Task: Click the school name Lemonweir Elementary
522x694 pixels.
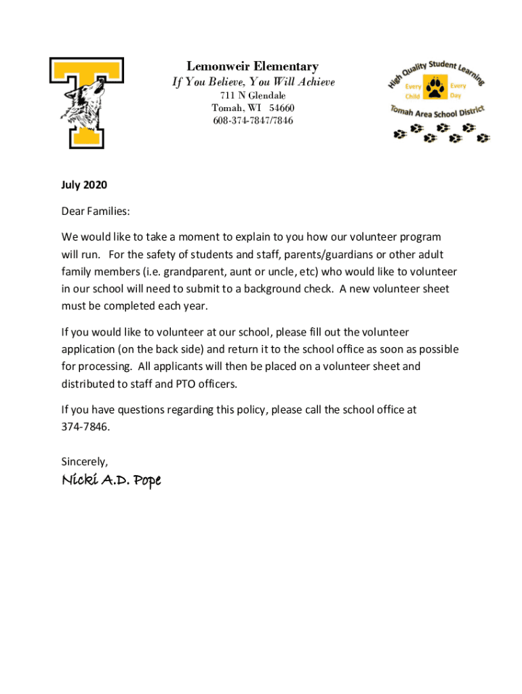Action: (x=252, y=66)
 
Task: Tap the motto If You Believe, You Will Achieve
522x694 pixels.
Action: (x=253, y=82)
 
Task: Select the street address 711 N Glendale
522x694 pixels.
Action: (x=253, y=96)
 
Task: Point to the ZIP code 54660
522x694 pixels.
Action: (x=281, y=108)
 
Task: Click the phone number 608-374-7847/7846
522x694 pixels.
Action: (x=253, y=121)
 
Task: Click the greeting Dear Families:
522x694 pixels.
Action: (x=96, y=211)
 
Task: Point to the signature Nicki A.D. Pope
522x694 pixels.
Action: (x=111, y=481)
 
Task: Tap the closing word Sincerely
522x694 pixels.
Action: (x=84, y=462)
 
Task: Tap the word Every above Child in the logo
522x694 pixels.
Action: (x=414, y=87)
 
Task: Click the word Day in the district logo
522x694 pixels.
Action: (x=455, y=96)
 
